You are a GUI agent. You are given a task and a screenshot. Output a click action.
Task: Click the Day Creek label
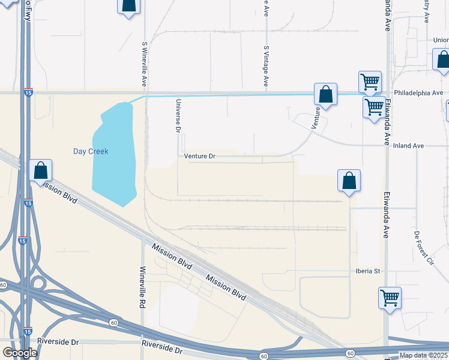[x=91, y=151]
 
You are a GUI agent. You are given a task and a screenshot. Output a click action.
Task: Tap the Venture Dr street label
[x=199, y=156]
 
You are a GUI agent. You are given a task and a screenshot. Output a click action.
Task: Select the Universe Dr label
[x=178, y=116]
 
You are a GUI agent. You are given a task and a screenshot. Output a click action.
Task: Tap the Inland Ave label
[x=409, y=146]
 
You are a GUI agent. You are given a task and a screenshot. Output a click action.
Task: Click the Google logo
[x=20, y=353]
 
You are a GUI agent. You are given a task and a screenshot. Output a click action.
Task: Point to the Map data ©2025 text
[x=423, y=355]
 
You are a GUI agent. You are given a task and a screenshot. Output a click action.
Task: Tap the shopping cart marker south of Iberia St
[x=390, y=297]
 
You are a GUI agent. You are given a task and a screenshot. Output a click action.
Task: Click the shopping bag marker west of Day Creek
[x=40, y=170]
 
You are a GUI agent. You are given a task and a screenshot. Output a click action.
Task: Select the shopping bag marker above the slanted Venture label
[x=325, y=95]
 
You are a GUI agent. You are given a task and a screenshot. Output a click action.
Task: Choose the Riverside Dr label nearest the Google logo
[x=58, y=342]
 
